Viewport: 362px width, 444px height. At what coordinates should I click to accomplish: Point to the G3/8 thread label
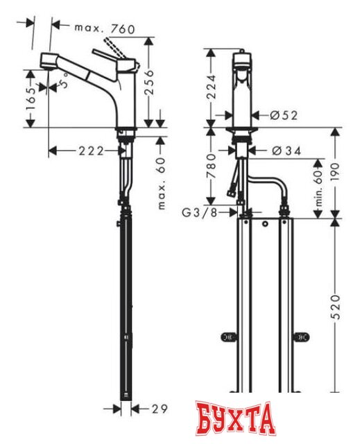[200, 212]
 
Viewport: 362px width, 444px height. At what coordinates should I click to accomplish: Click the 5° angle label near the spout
[65, 86]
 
